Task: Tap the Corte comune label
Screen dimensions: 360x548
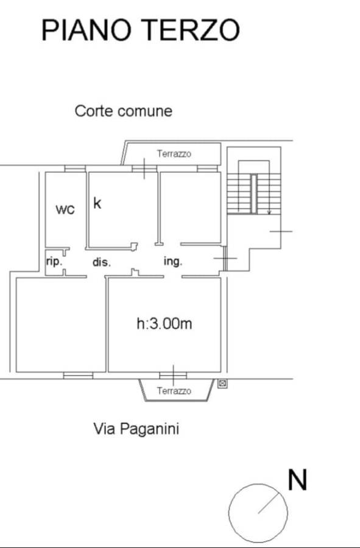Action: [x=124, y=111]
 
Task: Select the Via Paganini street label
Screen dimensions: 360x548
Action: [x=136, y=429]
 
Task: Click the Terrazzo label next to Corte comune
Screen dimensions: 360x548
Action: [x=174, y=154]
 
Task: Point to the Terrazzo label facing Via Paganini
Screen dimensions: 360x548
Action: [x=174, y=391]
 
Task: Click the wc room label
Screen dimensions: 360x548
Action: [x=65, y=209]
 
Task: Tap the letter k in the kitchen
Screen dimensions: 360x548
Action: [x=97, y=203]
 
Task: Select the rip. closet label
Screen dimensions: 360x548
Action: [x=54, y=261]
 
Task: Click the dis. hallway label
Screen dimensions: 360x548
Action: [x=101, y=262]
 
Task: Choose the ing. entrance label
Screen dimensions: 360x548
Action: [x=173, y=261]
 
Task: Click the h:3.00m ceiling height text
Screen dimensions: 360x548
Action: [x=164, y=324]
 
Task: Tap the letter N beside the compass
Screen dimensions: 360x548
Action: [x=297, y=480]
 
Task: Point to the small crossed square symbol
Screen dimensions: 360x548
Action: [x=222, y=384]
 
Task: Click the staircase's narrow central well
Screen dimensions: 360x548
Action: [x=254, y=194]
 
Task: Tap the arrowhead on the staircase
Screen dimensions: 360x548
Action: [x=269, y=212]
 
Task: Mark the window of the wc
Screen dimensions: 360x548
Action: [x=75, y=169]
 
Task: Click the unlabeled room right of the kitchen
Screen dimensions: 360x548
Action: [x=190, y=207]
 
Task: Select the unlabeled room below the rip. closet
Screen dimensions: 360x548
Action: [x=61, y=325]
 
